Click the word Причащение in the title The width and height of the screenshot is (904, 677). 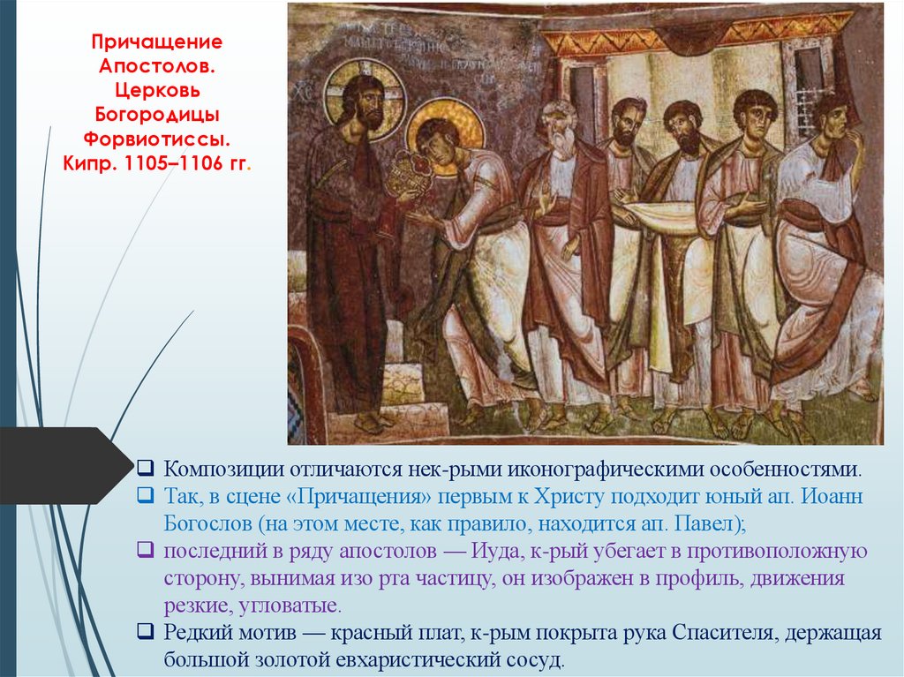pos(158,43)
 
